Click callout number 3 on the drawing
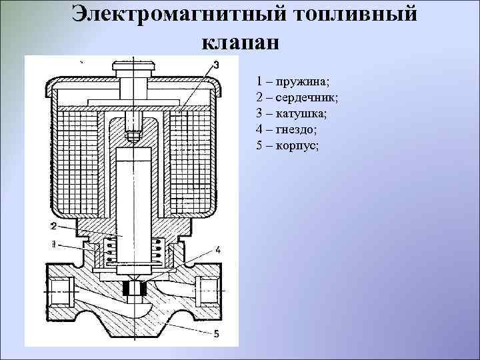[215, 65]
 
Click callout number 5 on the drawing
[218, 333]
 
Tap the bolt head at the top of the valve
[135, 67]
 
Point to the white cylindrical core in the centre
[135, 200]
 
